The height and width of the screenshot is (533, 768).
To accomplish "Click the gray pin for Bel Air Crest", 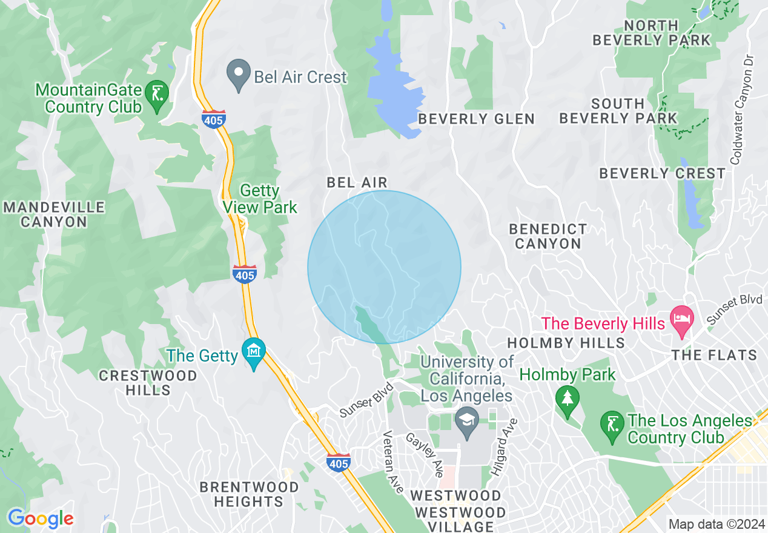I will tap(239, 74).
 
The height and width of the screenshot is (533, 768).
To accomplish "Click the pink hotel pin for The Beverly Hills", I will tap(683, 320).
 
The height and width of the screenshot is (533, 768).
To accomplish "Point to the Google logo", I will tap(41, 519).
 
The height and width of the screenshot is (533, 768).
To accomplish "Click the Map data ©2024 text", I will tap(715, 524).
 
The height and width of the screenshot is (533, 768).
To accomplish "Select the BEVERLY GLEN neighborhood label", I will tap(477, 119).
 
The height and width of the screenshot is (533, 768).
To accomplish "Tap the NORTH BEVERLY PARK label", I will tap(652, 33).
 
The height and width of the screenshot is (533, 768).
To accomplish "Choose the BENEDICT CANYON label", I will tap(548, 236).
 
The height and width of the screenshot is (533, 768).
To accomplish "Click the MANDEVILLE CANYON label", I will tap(54, 214).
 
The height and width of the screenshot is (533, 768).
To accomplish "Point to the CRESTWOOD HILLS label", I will tap(148, 383).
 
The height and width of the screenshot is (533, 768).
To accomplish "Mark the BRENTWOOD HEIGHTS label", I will tap(248, 494).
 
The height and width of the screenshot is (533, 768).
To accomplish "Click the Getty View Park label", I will tap(260, 199).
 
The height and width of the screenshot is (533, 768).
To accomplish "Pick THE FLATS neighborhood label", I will tap(715, 355).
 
